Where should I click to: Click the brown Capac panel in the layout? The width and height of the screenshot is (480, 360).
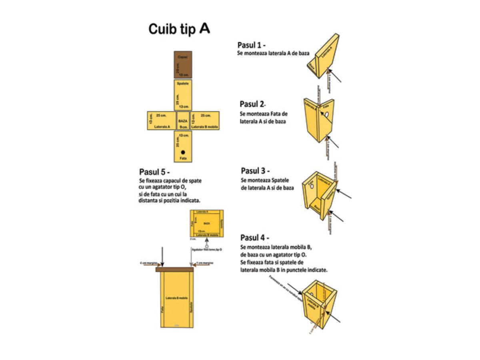click(x=183, y=65)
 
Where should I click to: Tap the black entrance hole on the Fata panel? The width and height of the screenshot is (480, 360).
click(x=183, y=152)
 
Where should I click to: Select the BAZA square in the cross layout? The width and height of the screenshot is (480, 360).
click(x=183, y=121)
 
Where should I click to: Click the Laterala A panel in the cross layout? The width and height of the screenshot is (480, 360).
click(x=162, y=121)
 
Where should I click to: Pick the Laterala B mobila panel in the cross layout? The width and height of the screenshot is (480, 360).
click(x=204, y=121)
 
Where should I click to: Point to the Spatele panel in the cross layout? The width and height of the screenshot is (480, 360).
click(x=183, y=95)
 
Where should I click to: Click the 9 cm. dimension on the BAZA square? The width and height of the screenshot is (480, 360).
click(x=183, y=127)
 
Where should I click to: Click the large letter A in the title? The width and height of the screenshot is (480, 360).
click(x=204, y=28)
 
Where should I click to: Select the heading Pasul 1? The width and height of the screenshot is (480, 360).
click(x=252, y=45)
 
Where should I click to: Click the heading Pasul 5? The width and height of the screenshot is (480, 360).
click(x=154, y=172)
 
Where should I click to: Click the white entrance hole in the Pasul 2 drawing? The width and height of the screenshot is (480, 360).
click(x=327, y=115)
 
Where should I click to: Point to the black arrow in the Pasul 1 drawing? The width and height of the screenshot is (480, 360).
click(x=335, y=76)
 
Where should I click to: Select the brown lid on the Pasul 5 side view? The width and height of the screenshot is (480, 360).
click(x=175, y=269)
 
